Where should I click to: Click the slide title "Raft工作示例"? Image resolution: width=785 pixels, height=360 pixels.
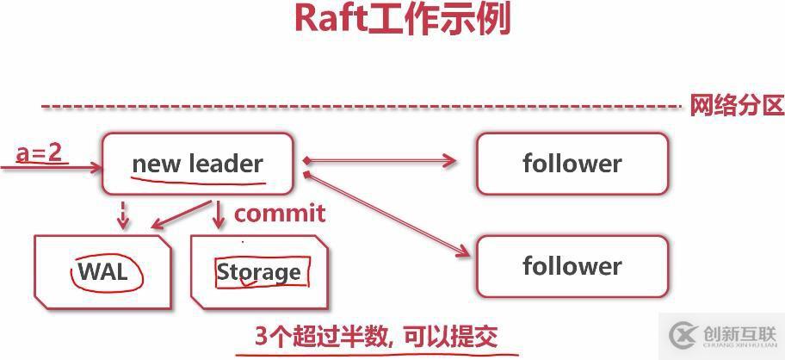coord(402,19)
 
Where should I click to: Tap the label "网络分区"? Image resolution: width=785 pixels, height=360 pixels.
coord(736,106)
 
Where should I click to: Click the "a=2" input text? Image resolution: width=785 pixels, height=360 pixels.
coord(40,152)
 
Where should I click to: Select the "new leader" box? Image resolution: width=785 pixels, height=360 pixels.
coord(197,164)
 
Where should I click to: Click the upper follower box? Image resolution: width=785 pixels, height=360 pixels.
coord(572,164)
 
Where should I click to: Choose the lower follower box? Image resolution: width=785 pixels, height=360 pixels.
coord(572,266)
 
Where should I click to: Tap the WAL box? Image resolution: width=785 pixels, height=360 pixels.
coord(102,272)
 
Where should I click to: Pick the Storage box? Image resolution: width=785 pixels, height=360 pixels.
coord(259,272)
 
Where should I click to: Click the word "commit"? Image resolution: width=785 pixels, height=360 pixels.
coord(280,213)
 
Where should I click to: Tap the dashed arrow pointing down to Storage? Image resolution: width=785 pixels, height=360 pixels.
coord(219,215)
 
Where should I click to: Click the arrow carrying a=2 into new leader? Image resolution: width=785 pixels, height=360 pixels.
coord(52,167)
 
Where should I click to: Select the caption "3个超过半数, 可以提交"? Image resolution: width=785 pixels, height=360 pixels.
coord(376,335)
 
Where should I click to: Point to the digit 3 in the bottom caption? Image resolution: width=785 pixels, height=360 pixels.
coord(262,336)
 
